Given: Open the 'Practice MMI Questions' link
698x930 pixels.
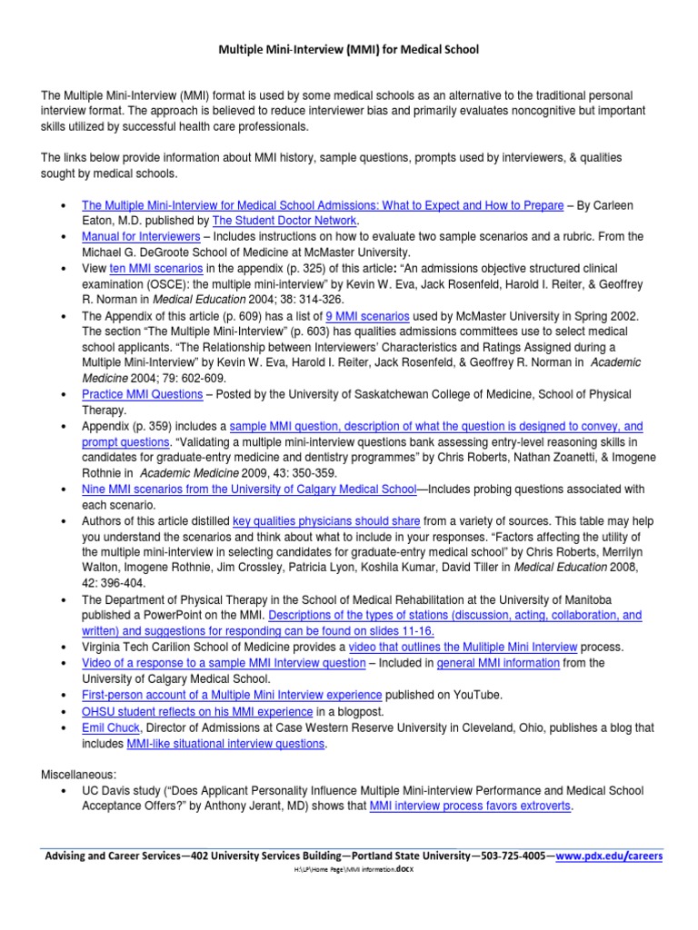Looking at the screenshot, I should coord(142,394).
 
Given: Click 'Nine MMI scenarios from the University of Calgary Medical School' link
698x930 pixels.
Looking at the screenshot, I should coord(248,489).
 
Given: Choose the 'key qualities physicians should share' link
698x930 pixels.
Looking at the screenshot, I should coord(326,520).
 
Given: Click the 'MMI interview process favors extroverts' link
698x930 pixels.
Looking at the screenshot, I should coord(470,806).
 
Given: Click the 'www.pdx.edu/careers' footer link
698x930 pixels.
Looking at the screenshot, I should coord(609,856).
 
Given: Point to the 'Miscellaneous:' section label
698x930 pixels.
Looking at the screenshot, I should coord(79,775).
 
